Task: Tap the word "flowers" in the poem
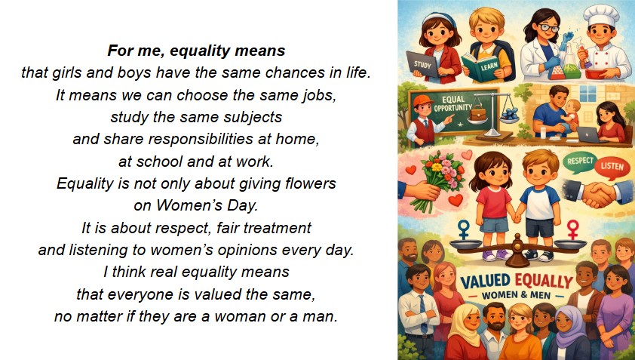[311, 183]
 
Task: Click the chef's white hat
[601, 15]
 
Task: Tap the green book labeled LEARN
[481, 67]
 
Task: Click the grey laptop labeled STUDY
[422, 64]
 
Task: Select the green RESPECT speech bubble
[580, 162]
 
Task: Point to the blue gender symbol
[464, 229]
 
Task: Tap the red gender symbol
[572, 229]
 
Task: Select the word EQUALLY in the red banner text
[544, 281]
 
